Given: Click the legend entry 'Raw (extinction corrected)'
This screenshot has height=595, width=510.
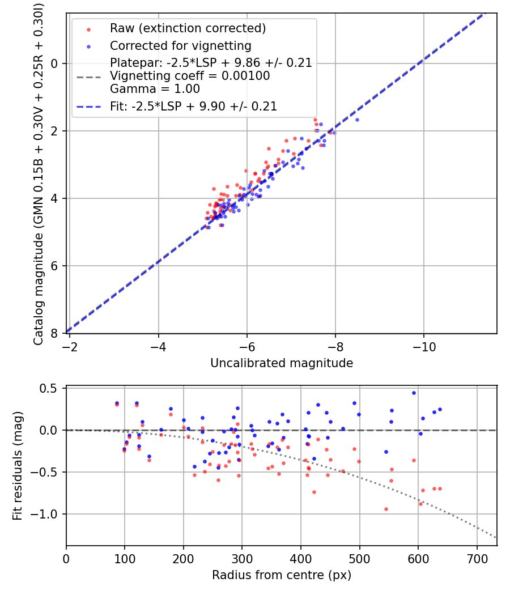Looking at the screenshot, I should (x=188, y=28).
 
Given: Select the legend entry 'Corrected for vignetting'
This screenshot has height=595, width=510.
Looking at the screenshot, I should (x=180, y=45).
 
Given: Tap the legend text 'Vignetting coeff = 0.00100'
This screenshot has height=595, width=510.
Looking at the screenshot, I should (x=190, y=76).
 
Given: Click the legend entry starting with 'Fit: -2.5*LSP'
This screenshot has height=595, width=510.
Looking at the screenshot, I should (x=193, y=106).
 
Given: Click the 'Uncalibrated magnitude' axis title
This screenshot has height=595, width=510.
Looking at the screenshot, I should (x=282, y=363).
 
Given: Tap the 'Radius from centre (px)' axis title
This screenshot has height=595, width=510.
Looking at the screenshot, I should (x=282, y=575).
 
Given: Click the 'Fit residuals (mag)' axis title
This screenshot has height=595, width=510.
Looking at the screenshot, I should (x=18, y=466).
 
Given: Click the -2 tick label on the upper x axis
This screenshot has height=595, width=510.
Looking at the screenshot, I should (x=70, y=346).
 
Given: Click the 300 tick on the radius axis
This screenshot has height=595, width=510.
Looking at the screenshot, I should (x=242, y=559).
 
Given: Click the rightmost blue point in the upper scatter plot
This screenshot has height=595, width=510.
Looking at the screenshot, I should (x=357, y=120).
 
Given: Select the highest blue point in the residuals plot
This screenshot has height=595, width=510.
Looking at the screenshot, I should (x=414, y=393).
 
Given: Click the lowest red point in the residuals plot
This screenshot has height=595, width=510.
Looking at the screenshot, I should (x=386, y=509).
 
